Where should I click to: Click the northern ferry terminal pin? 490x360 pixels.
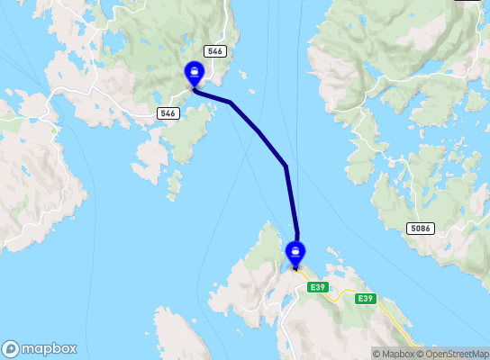pyautogui.click(x=194, y=72)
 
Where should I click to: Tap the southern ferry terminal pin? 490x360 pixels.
pyautogui.click(x=295, y=252)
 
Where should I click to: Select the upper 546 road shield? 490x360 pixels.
pyautogui.click(x=213, y=51)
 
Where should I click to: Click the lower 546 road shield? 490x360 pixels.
pyautogui.click(x=168, y=112)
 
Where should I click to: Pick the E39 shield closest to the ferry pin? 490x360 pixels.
pyautogui.click(x=316, y=287)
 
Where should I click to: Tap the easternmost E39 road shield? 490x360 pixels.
pyautogui.click(x=365, y=299)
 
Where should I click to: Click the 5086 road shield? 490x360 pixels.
pyautogui.click(x=421, y=229)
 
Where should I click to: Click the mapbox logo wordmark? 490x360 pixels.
pyautogui.click(x=50, y=349)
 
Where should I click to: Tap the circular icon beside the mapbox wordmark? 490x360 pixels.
pyautogui.click(x=11, y=349)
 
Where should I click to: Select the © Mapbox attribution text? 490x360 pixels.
pyautogui.click(x=394, y=354)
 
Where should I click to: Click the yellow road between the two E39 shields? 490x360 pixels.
pyautogui.click(x=340, y=293)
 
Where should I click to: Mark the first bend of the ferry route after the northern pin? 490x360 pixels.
pyautogui.click(x=231, y=103)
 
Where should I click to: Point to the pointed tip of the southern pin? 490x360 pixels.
pyautogui.click(x=295, y=267)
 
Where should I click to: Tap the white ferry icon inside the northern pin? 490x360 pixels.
pyautogui.click(x=194, y=70)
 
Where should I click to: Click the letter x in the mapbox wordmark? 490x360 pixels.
pyautogui.click(x=71, y=349)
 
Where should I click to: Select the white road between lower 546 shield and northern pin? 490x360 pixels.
pyautogui.click(x=183, y=95)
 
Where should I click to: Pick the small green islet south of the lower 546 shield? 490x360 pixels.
pyautogui.click(x=174, y=186)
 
